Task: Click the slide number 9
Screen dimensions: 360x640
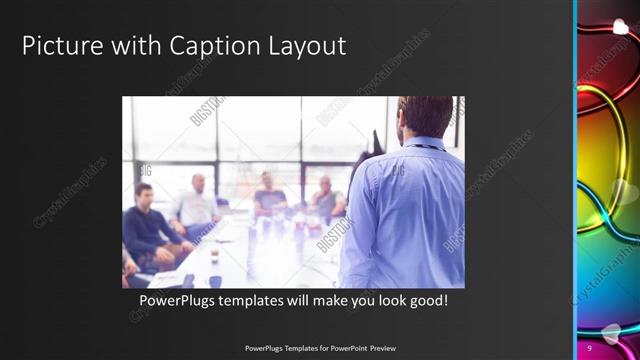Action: pos(590,346)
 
